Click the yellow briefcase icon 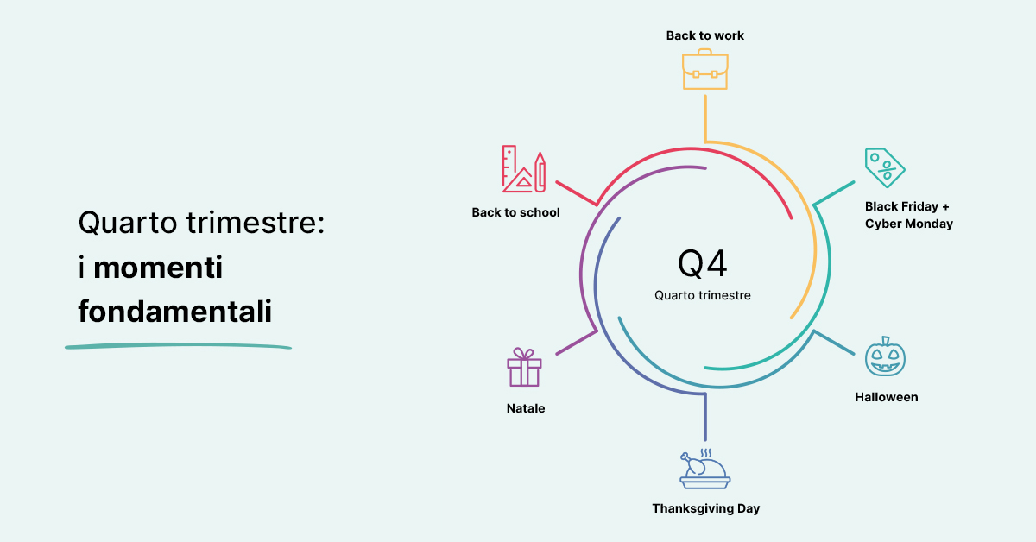click(x=704, y=69)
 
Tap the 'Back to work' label click(x=704, y=35)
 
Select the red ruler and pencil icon click(x=524, y=169)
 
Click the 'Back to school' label click(x=515, y=212)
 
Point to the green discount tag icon click(x=885, y=167)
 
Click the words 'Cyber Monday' click(x=909, y=224)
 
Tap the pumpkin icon click(x=885, y=356)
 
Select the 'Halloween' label click(x=886, y=397)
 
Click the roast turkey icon click(x=704, y=469)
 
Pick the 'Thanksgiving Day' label click(x=706, y=508)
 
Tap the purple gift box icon click(x=524, y=367)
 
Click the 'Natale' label click(x=526, y=408)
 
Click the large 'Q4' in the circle click(x=702, y=263)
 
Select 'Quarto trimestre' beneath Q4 click(x=703, y=295)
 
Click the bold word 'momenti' click(x=158, y=268)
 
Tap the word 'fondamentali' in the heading click(x=174, y=311)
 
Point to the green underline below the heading click(x=178, y=346)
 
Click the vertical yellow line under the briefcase click(x=704, y=119)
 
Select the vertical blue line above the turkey click(x=704, y=417)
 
